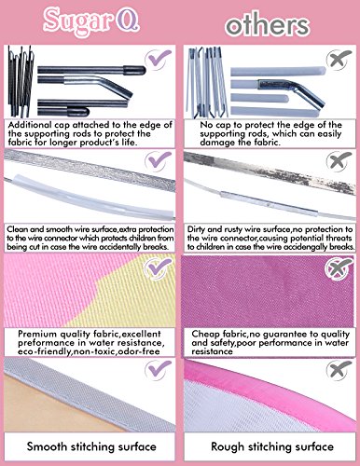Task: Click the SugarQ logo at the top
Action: [91, 21]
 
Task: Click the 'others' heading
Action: [268, 24]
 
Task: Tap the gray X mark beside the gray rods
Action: [339, 59]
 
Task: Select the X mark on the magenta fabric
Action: [339, 267]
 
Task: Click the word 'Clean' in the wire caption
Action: [18, 229]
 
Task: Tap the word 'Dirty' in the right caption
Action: [196, 229]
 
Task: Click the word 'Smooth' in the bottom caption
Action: [47, 446]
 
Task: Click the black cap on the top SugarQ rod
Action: [134, 70]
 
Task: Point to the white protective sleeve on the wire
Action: [93, 195]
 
